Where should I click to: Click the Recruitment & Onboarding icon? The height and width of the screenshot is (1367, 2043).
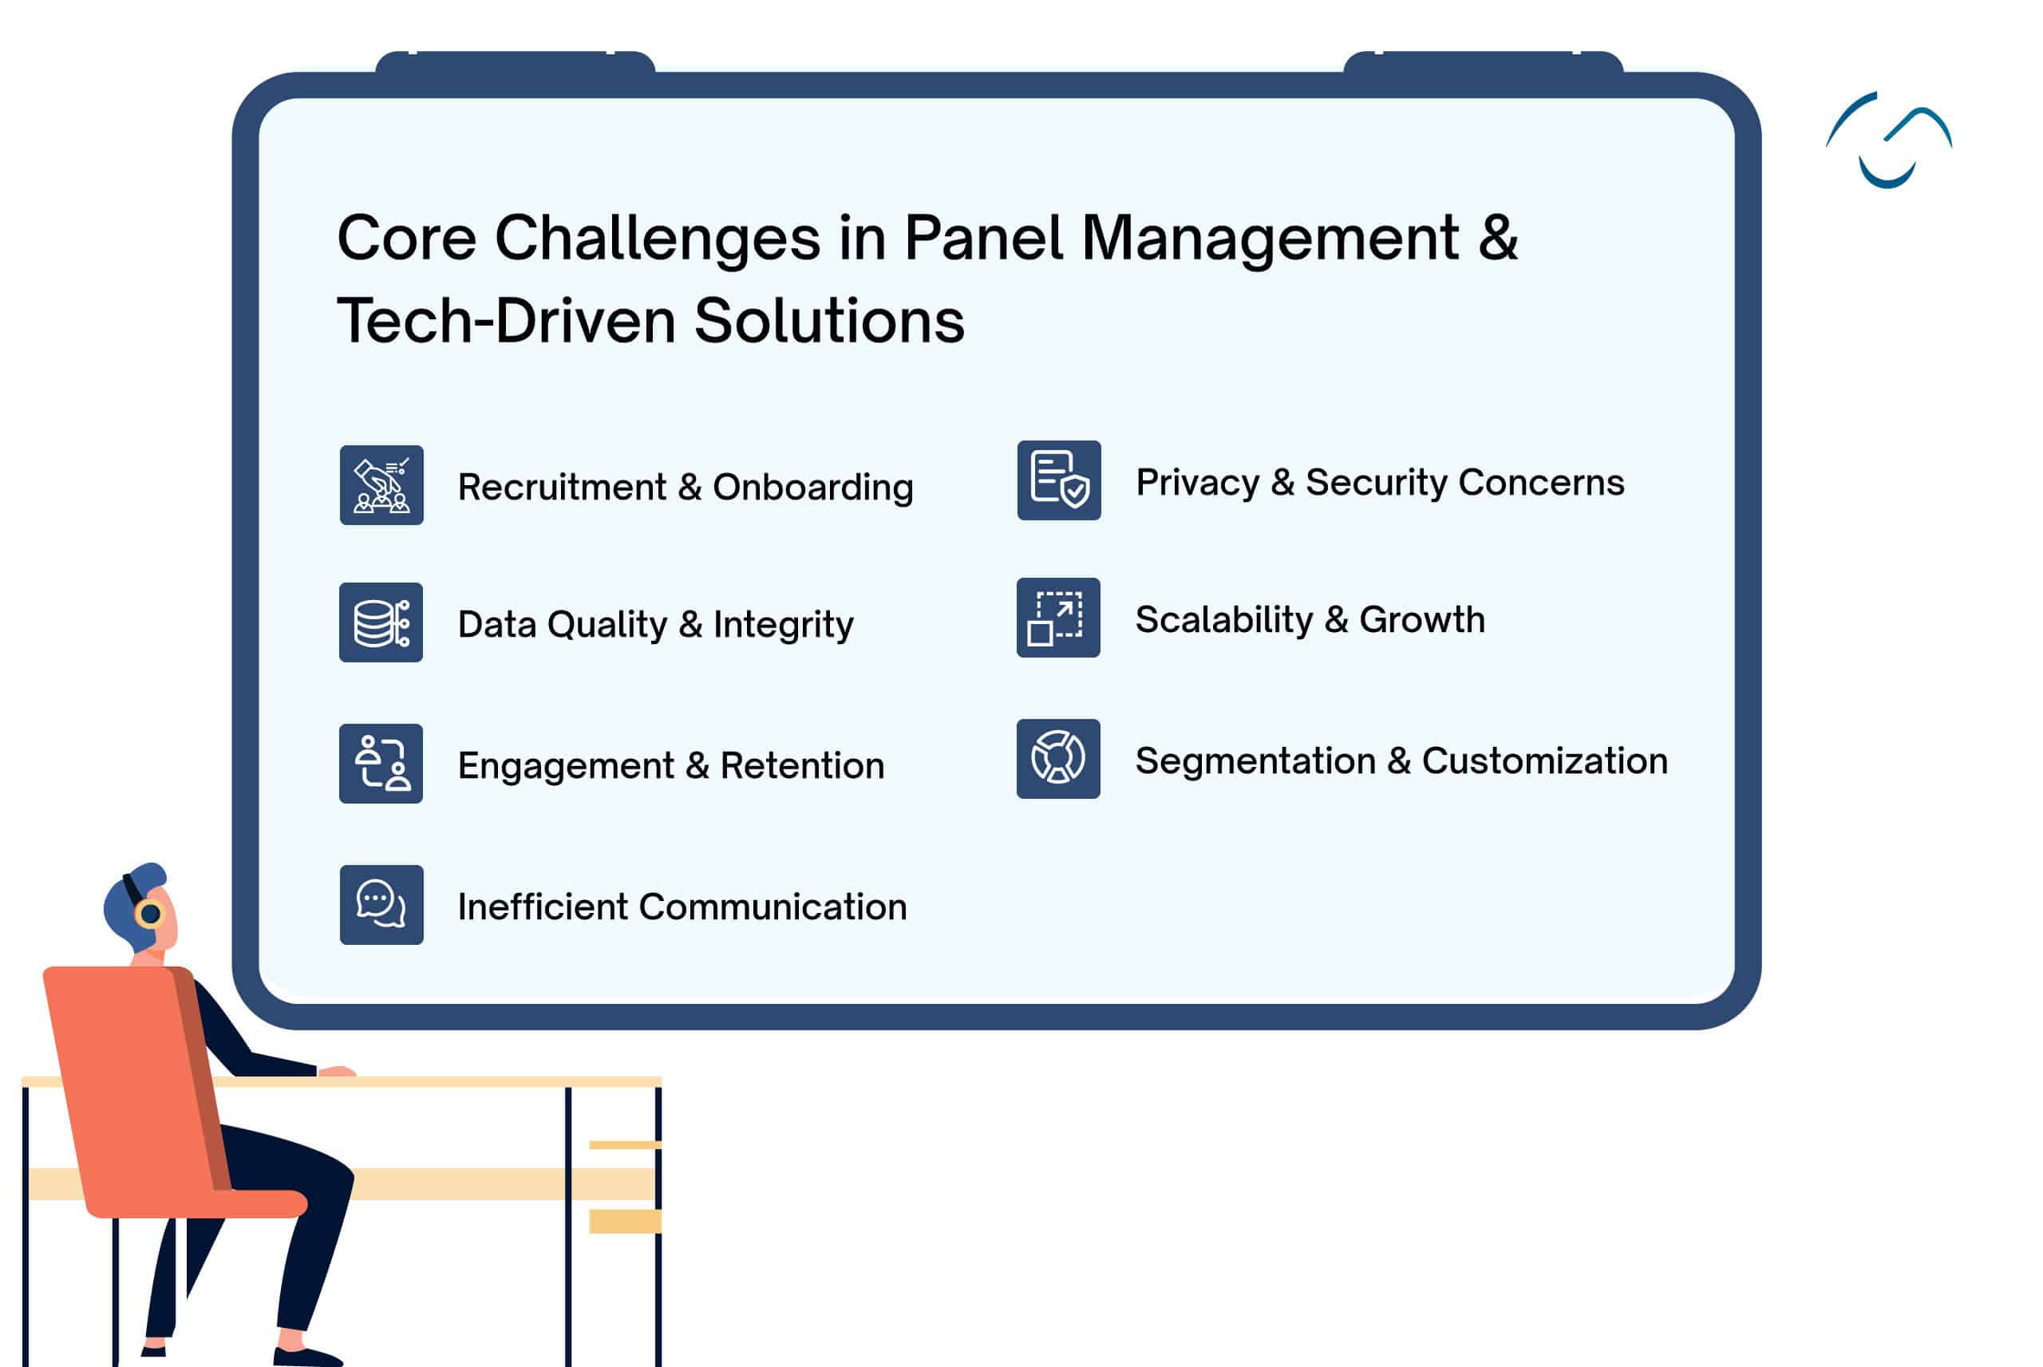click(381, 484)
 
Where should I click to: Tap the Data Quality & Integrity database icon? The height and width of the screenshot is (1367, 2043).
click(381, 622)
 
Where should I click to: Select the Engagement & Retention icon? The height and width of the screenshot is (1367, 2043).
click(381, 764)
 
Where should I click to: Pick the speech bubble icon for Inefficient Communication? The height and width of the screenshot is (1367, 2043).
click(381, 905)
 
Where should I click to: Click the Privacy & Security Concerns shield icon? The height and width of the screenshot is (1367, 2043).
click(1059, 480)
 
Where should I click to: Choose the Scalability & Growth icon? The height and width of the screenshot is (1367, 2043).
click(1058, 617)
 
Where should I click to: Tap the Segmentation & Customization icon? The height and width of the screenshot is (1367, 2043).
click(1058, 758)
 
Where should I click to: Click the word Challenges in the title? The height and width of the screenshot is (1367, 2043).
click(658, 239)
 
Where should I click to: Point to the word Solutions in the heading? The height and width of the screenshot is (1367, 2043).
click(830, 321)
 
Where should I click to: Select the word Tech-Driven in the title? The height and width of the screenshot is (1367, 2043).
click(507, 321)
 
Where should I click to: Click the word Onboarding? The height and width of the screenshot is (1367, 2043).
click(813, 488)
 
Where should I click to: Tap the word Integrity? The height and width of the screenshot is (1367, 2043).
click(784, 625)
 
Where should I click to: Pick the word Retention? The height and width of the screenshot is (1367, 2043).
click(802, 765)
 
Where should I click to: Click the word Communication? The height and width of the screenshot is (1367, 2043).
click(773, 907)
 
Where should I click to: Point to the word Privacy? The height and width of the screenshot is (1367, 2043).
click(1198, 484)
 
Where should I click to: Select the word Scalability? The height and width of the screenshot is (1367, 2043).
click(1224, 621)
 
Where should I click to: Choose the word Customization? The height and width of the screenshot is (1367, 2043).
click(1545, 761)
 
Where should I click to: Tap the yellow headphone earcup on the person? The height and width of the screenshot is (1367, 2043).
click(150, 914)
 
